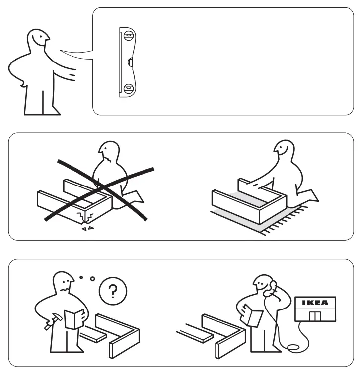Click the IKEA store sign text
[x=315, y=303]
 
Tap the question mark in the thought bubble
[x=114, y=290]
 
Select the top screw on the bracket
[x=129, y=36]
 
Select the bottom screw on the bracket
[x=129, y=89]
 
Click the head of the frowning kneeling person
[x=108, y=153]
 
